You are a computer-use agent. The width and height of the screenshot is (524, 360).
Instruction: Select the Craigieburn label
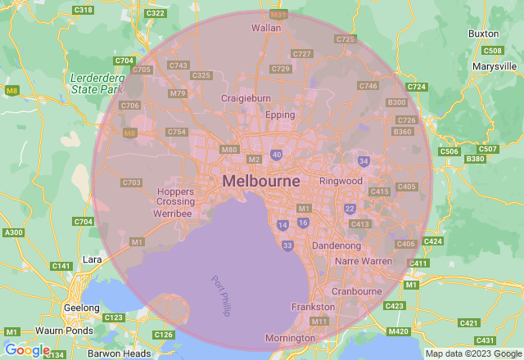point(246,98)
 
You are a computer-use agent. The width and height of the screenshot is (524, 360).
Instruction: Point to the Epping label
point(280,115)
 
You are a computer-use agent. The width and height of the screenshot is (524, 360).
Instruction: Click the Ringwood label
point(341,180)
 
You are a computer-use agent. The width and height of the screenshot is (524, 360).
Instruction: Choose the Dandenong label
point(337,245)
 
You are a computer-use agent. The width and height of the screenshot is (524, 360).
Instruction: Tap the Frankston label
point(313,307)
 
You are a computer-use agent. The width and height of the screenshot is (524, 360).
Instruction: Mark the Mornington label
point(290,338)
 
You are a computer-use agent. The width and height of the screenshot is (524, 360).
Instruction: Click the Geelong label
point(80,308)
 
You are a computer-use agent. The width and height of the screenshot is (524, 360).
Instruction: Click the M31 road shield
point(279,15)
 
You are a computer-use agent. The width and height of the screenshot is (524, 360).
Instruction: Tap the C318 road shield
point(83,10)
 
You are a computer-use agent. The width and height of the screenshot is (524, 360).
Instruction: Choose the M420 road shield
point(399,331)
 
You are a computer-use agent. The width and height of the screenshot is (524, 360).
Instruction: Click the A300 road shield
point(13,233)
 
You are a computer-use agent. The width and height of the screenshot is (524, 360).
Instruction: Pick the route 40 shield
point(277,154)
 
